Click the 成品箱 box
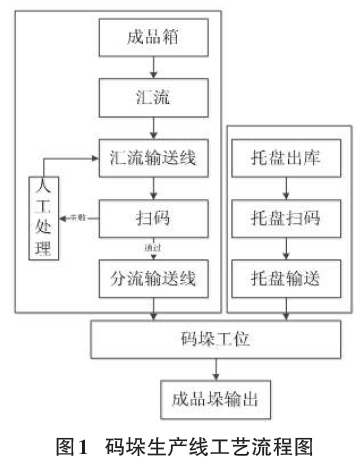(153, 40)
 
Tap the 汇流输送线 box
(153, 158)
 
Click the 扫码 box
(153, 216)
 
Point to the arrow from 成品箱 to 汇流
(153, 69)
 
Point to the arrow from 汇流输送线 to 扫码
(153, 187)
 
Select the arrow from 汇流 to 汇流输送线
(153, 129)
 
